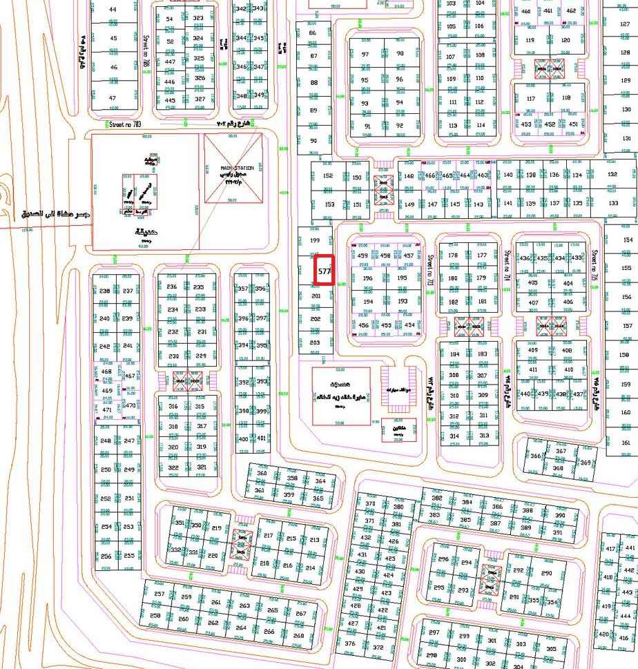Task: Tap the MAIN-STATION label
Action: (x=237, y=168)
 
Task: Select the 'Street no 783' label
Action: (x=125, y=124)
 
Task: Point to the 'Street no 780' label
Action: (x=146, y=52)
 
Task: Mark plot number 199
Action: (x=316, y=240)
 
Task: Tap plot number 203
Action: (x=316, y=342)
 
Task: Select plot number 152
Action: (x=329, y=176)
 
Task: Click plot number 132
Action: (x=612, y=175)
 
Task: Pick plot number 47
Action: (x=113, y=98)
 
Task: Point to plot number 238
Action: (x=105, y=291)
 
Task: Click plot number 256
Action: (x=106, y=556)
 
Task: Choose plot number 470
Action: (x=130, y=405)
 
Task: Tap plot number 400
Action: (x=243, y=439)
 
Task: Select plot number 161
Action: (x=626, y=443)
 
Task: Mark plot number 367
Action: (x=561, y=452)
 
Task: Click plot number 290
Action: (x=547, y=574)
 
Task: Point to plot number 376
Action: (x=350, y=643)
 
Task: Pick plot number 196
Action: (x=367, y=278)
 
